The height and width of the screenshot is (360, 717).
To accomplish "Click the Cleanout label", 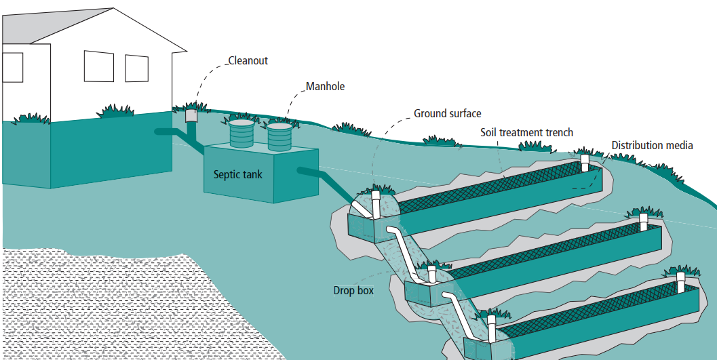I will point(248,61).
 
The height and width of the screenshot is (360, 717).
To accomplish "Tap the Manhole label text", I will point(325,87).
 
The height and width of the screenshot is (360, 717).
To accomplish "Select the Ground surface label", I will point(448,113).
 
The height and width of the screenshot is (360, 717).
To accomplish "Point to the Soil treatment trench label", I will point(526,132).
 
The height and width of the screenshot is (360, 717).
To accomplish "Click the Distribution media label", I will point(652,145).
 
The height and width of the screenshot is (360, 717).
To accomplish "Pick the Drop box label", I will point(353,290).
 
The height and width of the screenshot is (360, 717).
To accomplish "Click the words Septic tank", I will point(238,174).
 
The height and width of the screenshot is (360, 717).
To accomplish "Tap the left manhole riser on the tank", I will point(242,134).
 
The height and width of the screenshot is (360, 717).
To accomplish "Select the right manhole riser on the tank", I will point(279,136).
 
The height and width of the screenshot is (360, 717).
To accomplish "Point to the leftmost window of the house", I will point(12,67).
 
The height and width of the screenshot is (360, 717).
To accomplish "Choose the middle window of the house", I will point(98,66).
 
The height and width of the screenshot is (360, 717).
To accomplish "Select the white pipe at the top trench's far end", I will point(585,163).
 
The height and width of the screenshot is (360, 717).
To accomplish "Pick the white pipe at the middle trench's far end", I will point(644,221).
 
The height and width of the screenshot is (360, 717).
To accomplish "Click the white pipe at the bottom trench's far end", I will point(681,282).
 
